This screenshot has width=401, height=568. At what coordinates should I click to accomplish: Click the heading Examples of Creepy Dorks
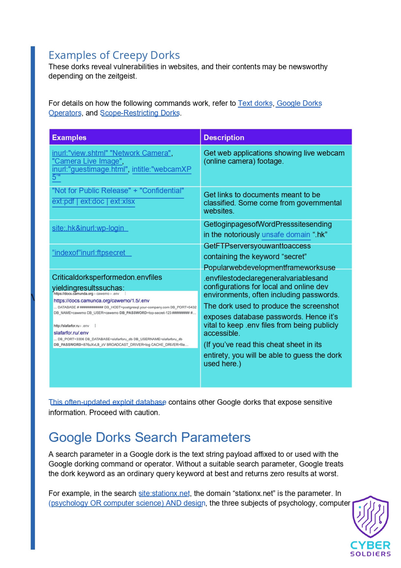tap(114, 55)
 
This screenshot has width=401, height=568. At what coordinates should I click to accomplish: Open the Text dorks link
tap(255, 103)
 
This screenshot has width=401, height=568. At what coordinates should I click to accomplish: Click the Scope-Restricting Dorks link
tap(140, 113)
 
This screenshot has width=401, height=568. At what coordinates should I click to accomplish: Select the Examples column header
tap(69, 137)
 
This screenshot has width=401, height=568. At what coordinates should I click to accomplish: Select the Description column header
tap(224, 137)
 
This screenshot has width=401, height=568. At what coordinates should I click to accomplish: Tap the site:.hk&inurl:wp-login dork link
tap(88, 228)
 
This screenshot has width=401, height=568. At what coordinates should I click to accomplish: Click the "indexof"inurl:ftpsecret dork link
tap(89, 253)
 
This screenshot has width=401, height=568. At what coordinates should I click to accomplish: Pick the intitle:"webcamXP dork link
tap(161, 169)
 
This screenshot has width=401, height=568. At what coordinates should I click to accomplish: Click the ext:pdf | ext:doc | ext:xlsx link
tap(93, 201)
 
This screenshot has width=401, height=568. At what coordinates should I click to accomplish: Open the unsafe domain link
tap(286, 235)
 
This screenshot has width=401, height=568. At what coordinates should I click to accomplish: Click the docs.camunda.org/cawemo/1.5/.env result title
tap(101, 300)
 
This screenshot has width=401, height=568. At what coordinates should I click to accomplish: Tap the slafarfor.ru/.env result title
tap(71, 333)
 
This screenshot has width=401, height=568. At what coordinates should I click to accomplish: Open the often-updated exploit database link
tap(107, 402)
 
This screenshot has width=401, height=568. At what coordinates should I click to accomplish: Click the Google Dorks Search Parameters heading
tap(149, 437)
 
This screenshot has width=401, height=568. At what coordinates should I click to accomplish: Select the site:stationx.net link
tap(164, 493)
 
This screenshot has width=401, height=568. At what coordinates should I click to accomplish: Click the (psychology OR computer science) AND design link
tap(127, 503)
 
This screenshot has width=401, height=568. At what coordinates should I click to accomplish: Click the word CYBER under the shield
tap(370, 545)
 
